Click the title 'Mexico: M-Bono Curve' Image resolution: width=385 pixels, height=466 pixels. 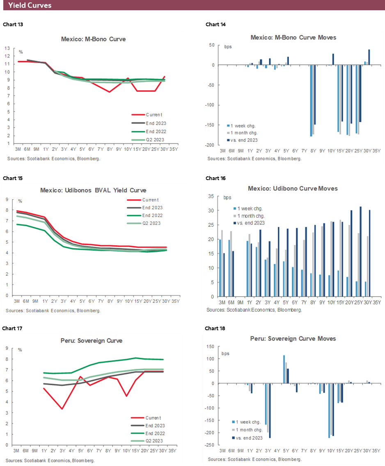(93, 39)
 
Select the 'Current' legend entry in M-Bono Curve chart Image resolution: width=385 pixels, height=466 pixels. (154, 115)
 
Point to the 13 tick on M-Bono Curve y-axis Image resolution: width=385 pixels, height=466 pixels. (8, 48)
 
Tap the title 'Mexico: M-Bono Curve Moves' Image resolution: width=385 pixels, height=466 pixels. (293, 37)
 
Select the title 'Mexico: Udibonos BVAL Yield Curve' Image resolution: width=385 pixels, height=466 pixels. (93, 190)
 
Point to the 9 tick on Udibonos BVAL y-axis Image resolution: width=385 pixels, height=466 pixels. (7, 200)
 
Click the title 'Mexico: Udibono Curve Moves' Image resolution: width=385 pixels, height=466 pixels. (293, 188)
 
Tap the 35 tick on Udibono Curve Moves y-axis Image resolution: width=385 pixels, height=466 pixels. (212, 196)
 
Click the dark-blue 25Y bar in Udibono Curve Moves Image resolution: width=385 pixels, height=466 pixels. (360, 251)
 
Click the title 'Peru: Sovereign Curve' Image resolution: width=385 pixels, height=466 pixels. (93, 340)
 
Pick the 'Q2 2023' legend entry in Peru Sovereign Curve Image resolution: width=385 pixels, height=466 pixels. (154, 441)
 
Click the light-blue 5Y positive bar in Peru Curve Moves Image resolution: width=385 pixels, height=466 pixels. (284, 369)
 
